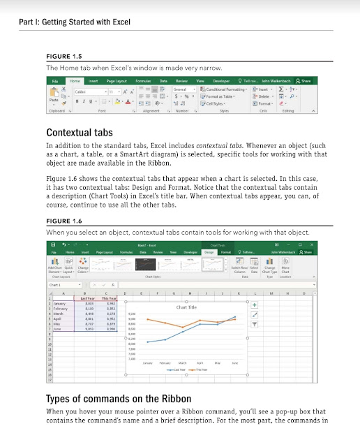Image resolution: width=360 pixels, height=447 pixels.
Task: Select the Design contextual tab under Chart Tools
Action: [x=208, y=251]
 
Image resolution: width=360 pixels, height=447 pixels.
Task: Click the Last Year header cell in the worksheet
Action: [x=88, y=298]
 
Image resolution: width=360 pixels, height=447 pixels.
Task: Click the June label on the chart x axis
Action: [x=234, y=362]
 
